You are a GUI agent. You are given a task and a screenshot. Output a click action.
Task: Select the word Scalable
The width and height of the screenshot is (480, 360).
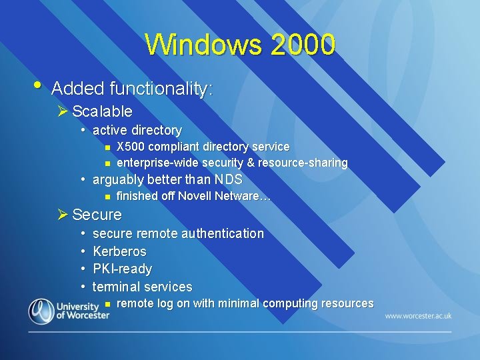tap(102, 111)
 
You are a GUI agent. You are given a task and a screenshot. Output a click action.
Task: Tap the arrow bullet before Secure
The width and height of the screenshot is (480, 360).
tap(63, 215)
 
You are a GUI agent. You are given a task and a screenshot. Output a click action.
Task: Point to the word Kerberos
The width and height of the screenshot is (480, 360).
tap(119, 251)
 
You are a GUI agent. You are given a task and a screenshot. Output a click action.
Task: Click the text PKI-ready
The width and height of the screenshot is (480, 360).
tap(122, 269)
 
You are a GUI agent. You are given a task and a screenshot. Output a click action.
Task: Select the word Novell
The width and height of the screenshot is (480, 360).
tap(196, 196)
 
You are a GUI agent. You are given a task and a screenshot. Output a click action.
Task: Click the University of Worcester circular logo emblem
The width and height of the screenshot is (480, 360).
tap(41, 311)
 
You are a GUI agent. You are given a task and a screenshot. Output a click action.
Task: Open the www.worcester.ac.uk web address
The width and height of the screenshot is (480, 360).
tap(418, 315)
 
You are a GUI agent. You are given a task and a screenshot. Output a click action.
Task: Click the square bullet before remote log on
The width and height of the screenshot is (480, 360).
tap(107, 304)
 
